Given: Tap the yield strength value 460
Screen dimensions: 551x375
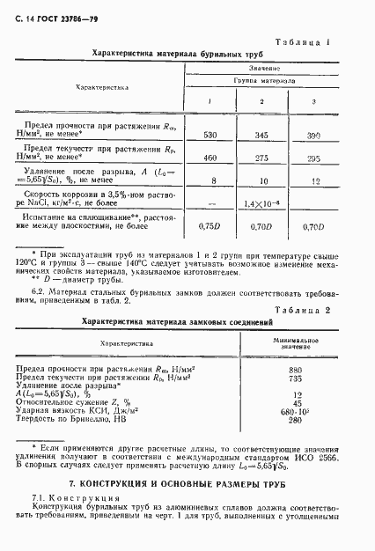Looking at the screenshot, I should click(x=210, y=157).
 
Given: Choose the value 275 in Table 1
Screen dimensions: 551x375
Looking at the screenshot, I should click(x=260, y=157).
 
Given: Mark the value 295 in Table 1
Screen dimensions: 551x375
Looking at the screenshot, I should click(x=311, y=157).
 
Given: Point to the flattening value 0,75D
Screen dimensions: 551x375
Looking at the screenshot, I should click(x=210, y=226).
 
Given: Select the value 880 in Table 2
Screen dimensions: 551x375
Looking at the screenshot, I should click(x=307, y=370).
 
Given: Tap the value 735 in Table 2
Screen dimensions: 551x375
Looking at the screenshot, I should click(x=307, y=378).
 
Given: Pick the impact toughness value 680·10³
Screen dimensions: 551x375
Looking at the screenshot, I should click(x=307, y=411).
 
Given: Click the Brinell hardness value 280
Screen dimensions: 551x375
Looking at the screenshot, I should click(x=307, y=420).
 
